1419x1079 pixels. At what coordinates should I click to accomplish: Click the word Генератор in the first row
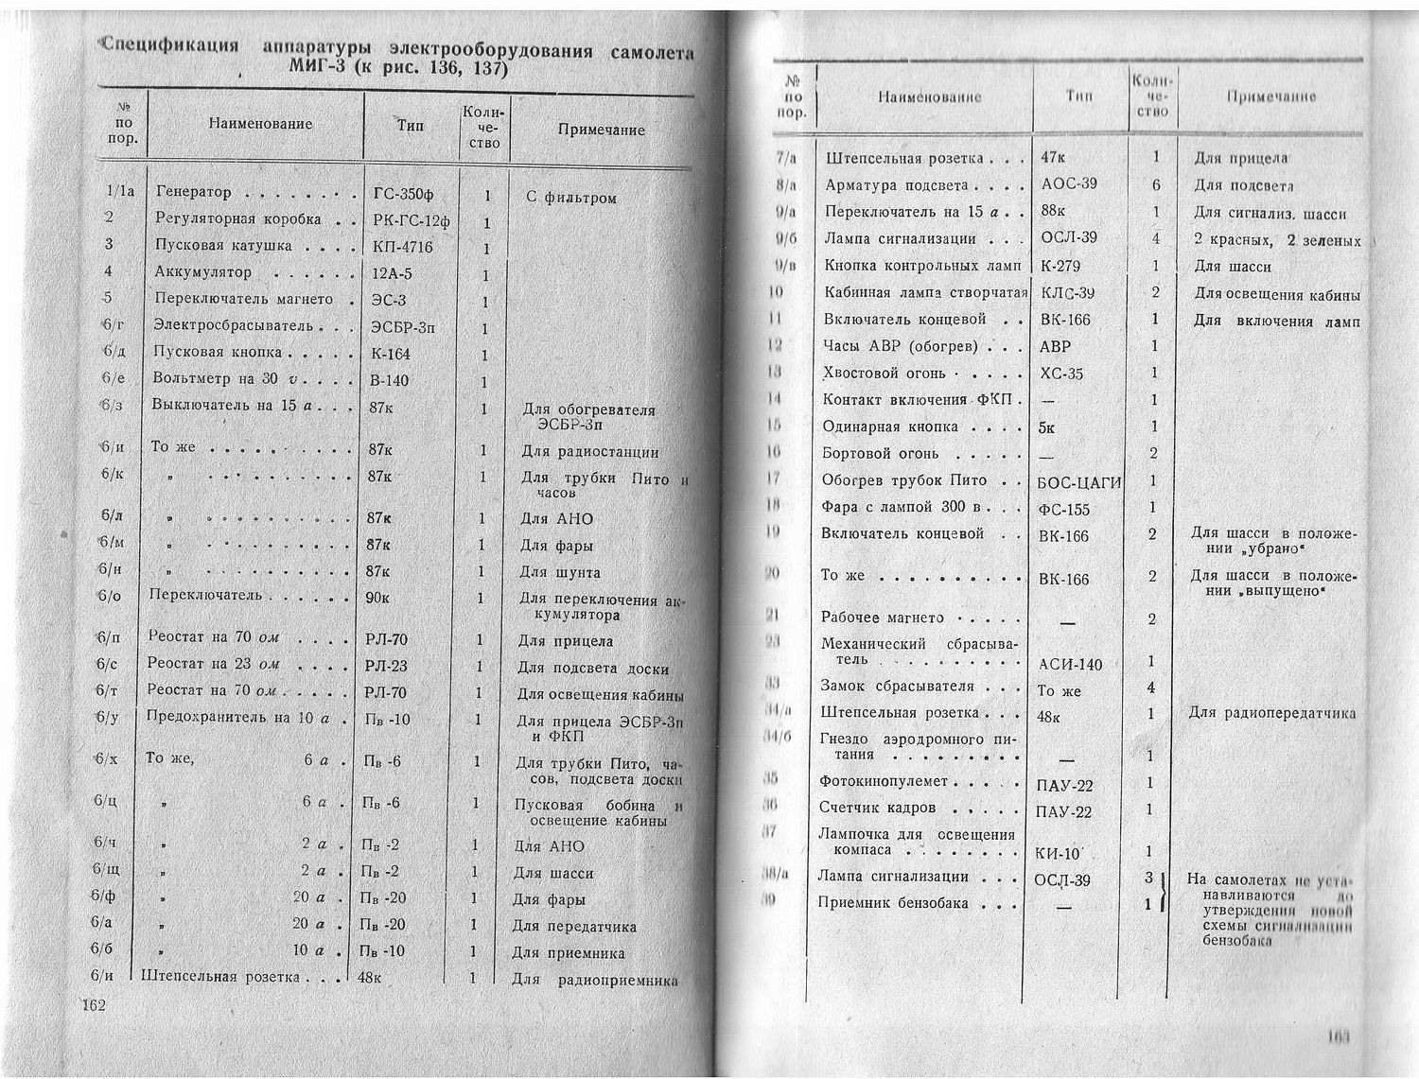click(193, 193)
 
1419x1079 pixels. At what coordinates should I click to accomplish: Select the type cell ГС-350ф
click(403, 196)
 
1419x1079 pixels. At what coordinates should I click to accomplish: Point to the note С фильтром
click(570, 199)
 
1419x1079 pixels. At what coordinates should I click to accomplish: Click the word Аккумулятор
click(202, 273)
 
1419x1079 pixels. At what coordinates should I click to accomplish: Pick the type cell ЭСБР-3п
click(402, 328)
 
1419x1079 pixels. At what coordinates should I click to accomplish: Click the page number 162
click(96, 1004)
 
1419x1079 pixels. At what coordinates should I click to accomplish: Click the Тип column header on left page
click(411, 126)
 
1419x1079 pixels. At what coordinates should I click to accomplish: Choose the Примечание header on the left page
click(601, 131)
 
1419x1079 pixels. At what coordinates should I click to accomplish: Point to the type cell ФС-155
click(1063, 510)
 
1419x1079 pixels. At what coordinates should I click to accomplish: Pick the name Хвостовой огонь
click(884, 374)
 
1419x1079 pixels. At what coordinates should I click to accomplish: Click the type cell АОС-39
click(1069, 183)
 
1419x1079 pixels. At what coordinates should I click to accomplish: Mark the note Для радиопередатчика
click(1271, 714)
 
